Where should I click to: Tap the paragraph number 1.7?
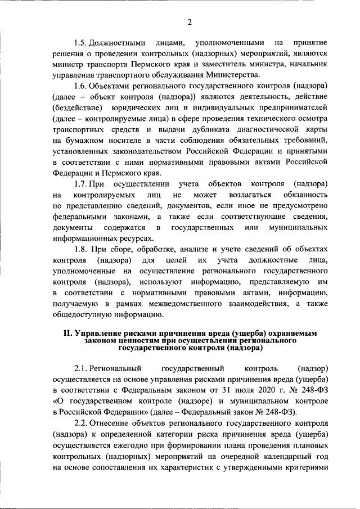coord(82,184)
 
